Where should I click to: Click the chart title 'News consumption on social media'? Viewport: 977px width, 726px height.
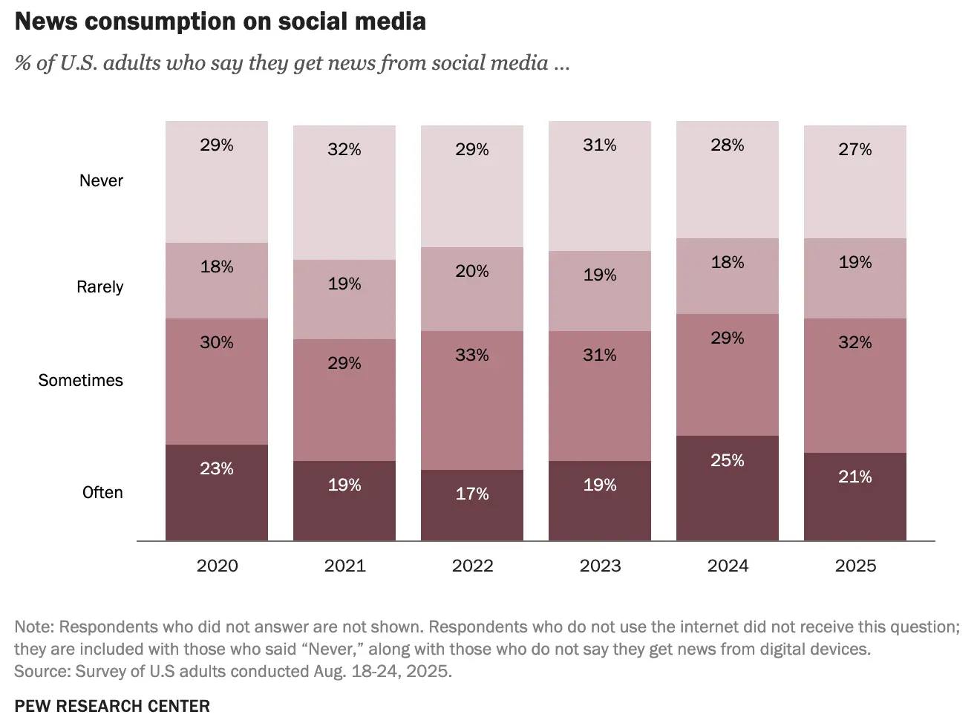tap(220, 22)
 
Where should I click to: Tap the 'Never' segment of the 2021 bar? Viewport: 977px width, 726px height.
tap(344, 193)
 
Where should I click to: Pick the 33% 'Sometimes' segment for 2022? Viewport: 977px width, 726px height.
tap(472, 400)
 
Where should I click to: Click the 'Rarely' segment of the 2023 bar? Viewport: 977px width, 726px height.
tap(600, 291)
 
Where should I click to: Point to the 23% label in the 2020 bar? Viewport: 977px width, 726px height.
tap(217, 468)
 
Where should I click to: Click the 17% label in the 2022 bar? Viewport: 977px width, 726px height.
tap(472, 494)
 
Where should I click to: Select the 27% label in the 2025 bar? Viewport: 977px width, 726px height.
tap(855, 149)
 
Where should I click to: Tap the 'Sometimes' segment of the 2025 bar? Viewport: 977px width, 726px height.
tap(855, 385)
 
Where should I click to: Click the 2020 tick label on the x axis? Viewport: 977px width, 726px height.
tap(218, 566)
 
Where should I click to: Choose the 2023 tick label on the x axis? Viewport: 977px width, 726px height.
tap(600, 566)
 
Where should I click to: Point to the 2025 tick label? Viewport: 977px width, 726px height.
tap(855, 566)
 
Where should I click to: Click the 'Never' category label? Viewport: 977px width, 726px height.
tap(101, 180)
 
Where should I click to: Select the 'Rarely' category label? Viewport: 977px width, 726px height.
tap(99, 287)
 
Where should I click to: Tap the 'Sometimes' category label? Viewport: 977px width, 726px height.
tap(80, 380)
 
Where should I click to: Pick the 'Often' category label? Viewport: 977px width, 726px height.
tap(102, 492)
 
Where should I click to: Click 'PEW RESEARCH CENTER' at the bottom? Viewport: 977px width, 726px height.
tap(112, 705)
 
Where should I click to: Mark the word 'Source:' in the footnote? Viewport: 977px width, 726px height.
tap(42, 671)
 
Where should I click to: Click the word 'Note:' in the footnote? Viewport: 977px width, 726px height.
tap(34, 627)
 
